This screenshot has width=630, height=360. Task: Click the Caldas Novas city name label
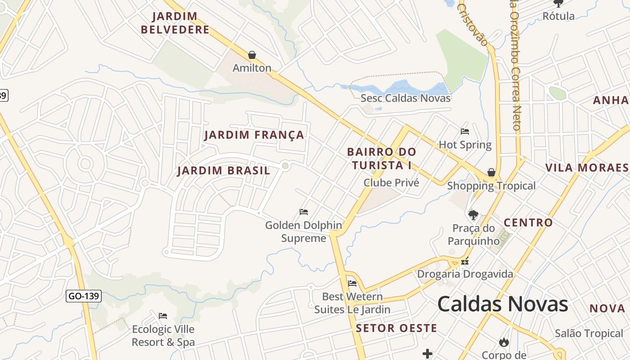pyautogui.click(x=503, y=304)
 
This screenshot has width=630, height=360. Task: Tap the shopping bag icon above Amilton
pyautogui.click(x=252, y=55)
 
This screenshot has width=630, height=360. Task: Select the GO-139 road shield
pyautogui.click(x=84, y=296)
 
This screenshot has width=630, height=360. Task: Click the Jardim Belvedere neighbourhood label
pyautogui.click(x=175, y=23)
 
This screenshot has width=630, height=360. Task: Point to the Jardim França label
pyautogui.click(x=254, y=135)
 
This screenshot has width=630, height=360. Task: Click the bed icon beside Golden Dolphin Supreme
pyautogui.click(x=304, y=211)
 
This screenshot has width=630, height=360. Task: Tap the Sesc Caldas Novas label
pyautogui.click(x=405, y=98)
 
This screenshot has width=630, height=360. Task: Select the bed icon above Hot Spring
pyautogui.click(x=465, y=131)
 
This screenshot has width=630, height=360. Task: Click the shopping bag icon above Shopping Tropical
pyautogui.click(x=491, y=172)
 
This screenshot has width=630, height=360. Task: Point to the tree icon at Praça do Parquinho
pyautogui.click(x=473, y=214)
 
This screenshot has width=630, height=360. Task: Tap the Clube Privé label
pyautogui.click(x=391, y=183)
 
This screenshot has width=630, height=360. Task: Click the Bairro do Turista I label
pyautogui.click(x=382, y=158)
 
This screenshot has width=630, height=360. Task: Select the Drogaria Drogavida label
pyautogui.click(x=465, y=274)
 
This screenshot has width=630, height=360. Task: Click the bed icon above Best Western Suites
pyautogui.click(x=352, y=283)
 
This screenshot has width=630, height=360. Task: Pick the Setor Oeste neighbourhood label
pyautogui.click(x=396, y=328)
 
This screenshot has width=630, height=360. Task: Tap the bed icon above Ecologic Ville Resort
pyautogui.click(x=163, y=316)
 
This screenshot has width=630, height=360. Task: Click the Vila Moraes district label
pyautogui.click(x=587, y=168)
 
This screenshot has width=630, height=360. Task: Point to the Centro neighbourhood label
pyautogui.click(x=528, y=223)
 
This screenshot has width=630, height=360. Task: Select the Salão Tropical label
pyautogui.click(x=589, y=333)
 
